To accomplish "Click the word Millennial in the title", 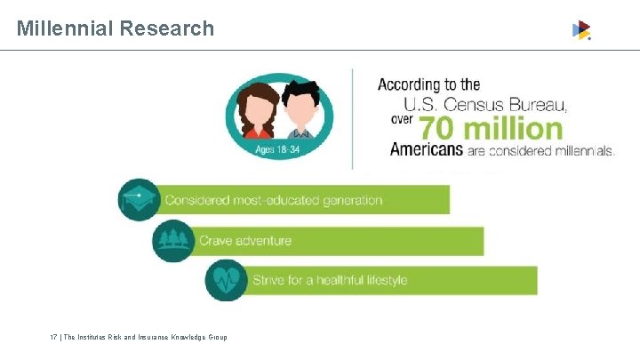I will tap(64, 28).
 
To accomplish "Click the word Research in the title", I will tap(168, 28).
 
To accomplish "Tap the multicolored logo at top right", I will tap(581, 30).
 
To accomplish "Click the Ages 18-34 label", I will tap(277, 149).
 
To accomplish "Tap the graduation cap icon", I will tap(139, 199).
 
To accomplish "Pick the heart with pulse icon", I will tap(226, 280).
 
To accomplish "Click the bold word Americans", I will tap(427, 150).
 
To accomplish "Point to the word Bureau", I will tap(533, 105).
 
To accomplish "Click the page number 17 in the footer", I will tap(53, 337).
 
